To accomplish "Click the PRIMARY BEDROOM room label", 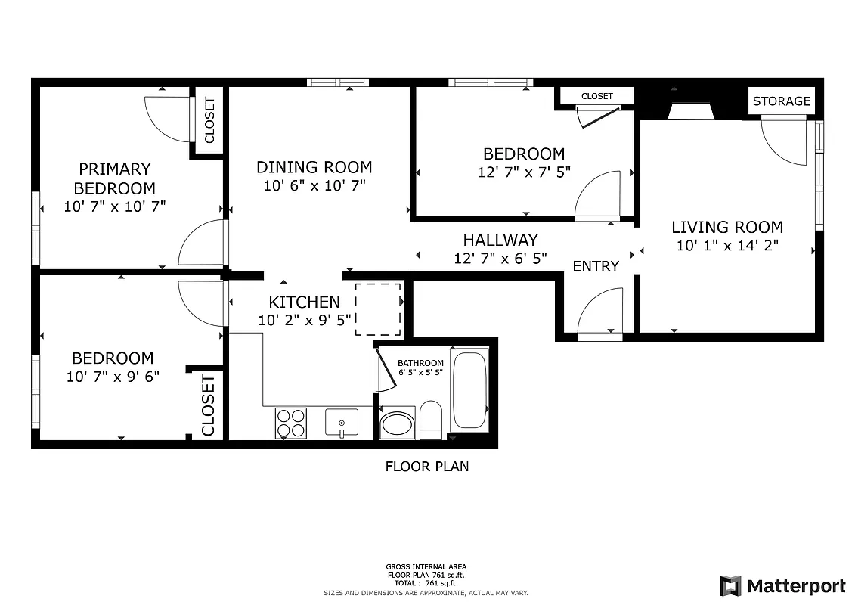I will click(x=115, y=178).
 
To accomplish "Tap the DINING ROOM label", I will click(x=314, y=167).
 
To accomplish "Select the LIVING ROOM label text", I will click(x=727, y=227).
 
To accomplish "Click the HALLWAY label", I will click(x=500, y=240).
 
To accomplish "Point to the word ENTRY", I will click(x=596, y=266).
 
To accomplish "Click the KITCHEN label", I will click(x=305, y=302).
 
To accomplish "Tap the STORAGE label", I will click(x=781, y=101).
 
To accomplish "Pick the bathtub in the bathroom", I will click(x=469, y=390).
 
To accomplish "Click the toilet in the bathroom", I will click(x=431, y=420).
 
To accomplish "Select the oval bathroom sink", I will click(x=397, y=424).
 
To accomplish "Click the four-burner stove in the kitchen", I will click(x=291, y=423).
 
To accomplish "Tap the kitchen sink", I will click(x=342, y=423).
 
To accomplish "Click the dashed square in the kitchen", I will click(x=378, y=309).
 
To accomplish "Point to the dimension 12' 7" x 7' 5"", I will click(x=524, y=172).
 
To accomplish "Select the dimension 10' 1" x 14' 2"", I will click(x=727, y=245).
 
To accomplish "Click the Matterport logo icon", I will click(x=730, y=586).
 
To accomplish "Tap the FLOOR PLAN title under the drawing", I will click(x=427, y=467).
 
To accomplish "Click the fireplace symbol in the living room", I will click(x=692, y=110).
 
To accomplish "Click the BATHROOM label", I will click(x=420, y=363).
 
